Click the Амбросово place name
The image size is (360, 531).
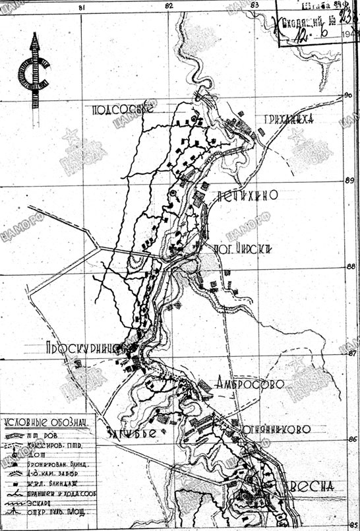249,384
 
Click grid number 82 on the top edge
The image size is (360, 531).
169,5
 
